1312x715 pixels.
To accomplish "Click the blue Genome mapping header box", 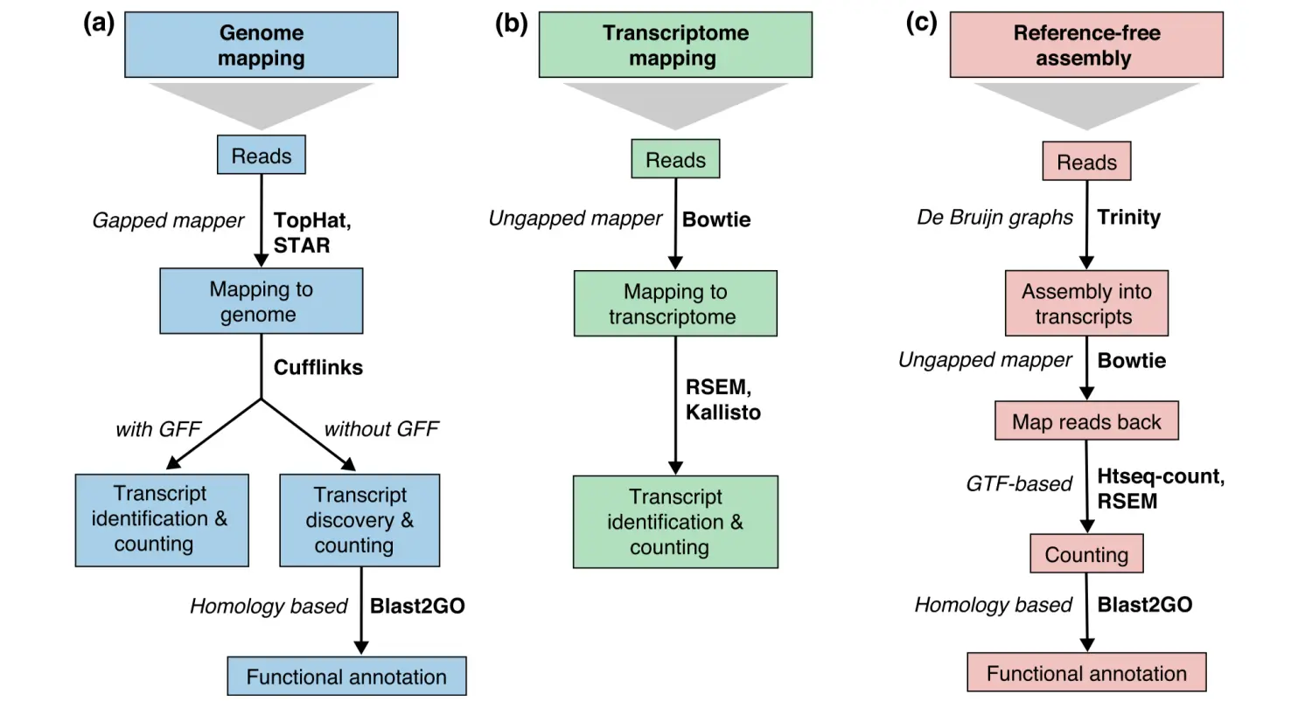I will (261, 45).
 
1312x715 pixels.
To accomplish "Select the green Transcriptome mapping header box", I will (674, 45).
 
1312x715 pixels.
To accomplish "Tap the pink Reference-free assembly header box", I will (1085, 45).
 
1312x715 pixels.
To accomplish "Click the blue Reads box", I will (261, 155).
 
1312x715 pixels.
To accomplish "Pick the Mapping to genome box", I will (261, 301).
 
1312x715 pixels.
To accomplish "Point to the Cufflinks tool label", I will (318, 367).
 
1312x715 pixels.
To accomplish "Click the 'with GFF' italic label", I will (158, 429).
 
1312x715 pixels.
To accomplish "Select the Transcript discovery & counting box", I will (359, 520).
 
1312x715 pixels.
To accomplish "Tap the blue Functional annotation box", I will (346, 677).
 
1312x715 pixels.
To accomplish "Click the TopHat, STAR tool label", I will (311, 233).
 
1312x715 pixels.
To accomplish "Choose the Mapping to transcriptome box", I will (674, 303).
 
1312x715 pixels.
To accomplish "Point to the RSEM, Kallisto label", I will (722, 399).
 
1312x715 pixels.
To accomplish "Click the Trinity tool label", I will (1128, 217).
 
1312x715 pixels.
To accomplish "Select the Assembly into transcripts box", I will (1085, 303).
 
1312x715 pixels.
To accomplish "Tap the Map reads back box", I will (1085, 421).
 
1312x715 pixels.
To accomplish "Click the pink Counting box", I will (1085, 554).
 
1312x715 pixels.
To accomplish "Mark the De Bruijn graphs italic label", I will (994, 217).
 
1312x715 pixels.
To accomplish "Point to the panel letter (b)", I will (511, 23).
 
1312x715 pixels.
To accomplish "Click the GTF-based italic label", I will (1018, 483).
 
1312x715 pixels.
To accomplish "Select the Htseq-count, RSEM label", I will (1160, 489).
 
